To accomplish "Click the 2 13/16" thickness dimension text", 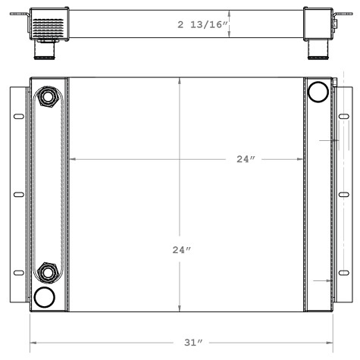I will click(x=202, y=24).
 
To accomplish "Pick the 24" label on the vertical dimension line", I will click(x=180, y=249).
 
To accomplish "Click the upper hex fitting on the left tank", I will click(x=48, y=97).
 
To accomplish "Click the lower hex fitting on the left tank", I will click(x=48, y=271).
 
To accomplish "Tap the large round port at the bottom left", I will click(x=45, y=296).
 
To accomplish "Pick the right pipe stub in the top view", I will click(x=316, y=50).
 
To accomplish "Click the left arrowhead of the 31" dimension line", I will click(x=33, y=344).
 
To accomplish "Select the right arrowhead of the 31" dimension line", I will click(x=330, y=344).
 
